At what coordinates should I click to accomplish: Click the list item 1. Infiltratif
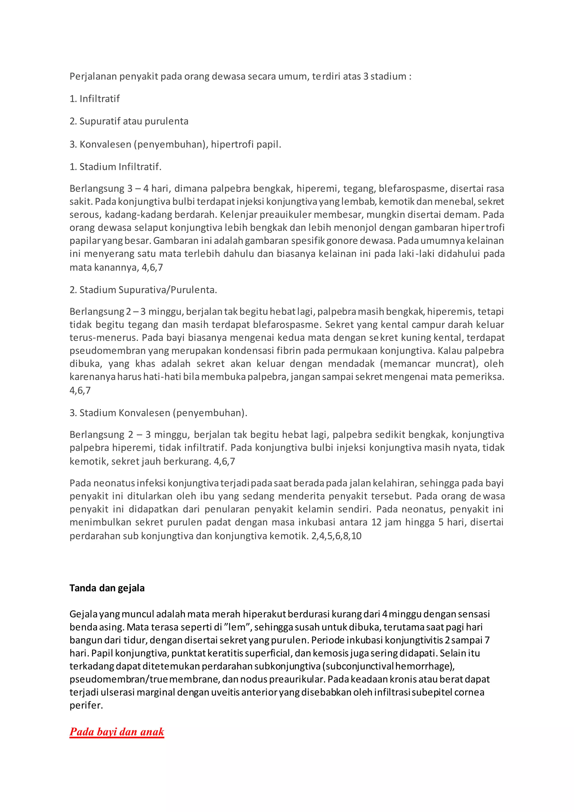coord(94,99)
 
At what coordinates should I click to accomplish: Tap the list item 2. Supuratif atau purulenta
coord(129,121)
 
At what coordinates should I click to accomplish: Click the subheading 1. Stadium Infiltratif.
coord(115,167)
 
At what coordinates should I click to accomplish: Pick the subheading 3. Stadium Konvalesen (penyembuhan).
coord(158,413)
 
